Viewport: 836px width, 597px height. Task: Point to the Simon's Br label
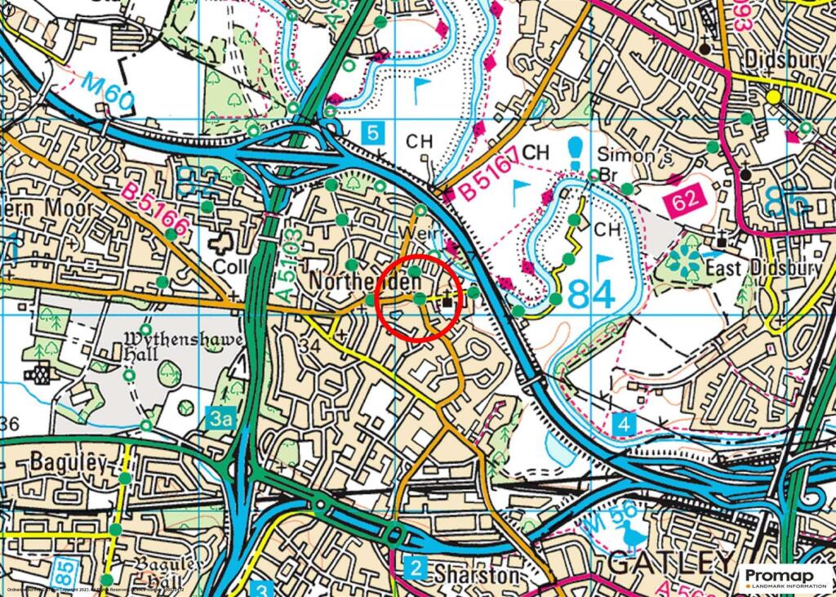point(627,164)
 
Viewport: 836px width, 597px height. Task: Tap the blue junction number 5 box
point(372,132)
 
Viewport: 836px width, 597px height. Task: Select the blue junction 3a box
point(221,419)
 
